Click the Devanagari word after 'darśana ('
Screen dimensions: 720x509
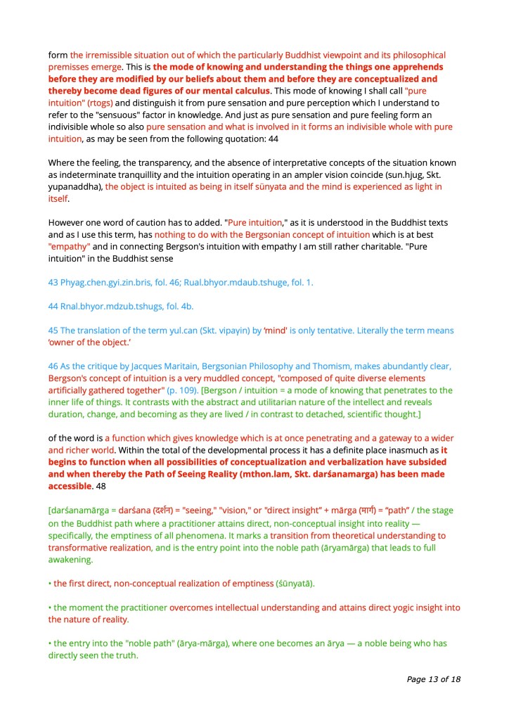point(161,511)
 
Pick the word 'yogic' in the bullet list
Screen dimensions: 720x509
point(384,607)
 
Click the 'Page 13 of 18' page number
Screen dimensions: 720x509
point(433,679)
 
